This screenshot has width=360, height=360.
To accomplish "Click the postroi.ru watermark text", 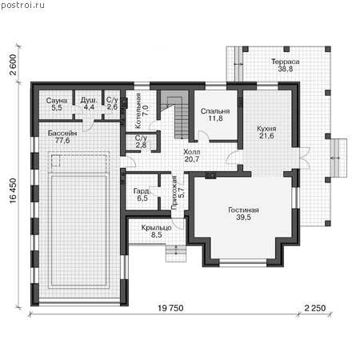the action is [x=22, y=6].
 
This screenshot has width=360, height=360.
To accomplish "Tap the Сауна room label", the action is [x=57, y=101].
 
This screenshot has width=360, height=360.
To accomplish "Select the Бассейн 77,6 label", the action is [x=62, y=137].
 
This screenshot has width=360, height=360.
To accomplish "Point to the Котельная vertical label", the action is [x=142, y=110].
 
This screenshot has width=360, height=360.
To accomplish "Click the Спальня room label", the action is [x=215, y=111].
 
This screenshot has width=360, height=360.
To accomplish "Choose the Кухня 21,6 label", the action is [x=266, y=132].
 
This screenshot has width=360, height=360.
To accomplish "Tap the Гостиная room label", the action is [x=243, y=210].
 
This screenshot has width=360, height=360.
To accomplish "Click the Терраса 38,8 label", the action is [x=286, y=66].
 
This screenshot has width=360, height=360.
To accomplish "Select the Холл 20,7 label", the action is [x=192, y=156].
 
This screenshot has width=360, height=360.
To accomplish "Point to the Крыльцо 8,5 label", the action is [x=157, y=231].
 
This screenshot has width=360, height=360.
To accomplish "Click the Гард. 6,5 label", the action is [x=142, y=194].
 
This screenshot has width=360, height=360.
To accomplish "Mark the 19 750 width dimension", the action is [x=170, y=308].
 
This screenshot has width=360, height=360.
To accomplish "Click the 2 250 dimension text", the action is [x=315, y=308].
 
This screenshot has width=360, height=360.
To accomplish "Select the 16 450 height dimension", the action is [x=13, y=190].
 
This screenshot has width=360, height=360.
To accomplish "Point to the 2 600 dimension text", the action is [x=13, y=65].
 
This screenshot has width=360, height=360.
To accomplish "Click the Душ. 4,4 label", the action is [x=89, y=104].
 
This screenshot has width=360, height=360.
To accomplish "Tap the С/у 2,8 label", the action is [x=141, y=142].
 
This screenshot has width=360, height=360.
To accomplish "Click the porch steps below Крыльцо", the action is [x=176, y=253].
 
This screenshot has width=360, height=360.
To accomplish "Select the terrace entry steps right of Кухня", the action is [x=338, y=158].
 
